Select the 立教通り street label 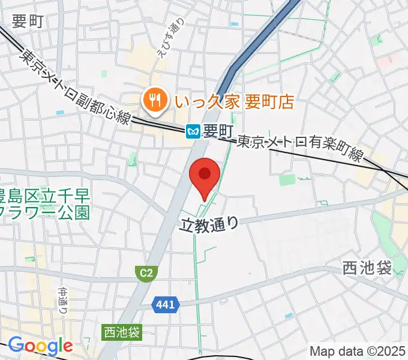tap(209, 223)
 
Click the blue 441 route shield tap(166, 305)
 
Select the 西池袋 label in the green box tap(122, 331)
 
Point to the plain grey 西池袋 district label tap(367, 268)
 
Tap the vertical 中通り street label tap(63, 300)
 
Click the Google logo tap(40, 346)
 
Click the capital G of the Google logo tap(17, 345)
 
